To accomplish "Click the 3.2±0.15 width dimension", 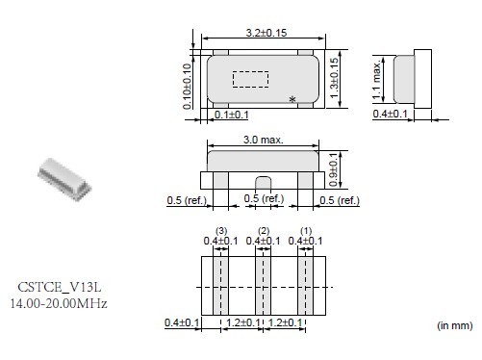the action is point(266,33).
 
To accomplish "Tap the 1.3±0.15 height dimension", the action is point(334,78).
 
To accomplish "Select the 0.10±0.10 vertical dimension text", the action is point(187,87).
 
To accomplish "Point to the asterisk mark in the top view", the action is point(292,99).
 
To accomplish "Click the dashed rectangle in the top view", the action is point(250,79).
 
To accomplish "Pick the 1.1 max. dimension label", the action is point(377,79).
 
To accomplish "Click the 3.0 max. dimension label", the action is point(263,140).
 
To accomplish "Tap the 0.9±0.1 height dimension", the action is point(333,169).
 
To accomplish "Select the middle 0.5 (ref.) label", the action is point(264,198).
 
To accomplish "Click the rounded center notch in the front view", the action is point(263,183).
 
